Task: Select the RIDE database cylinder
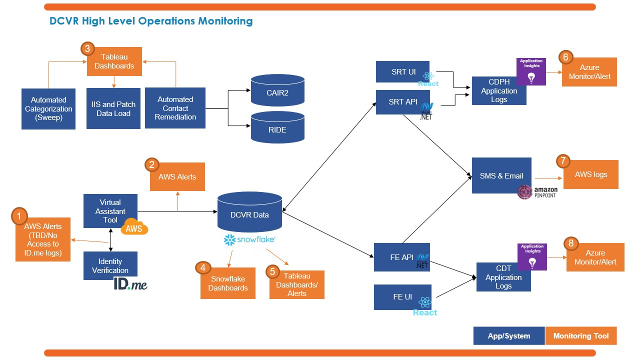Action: click(x=277, y=128)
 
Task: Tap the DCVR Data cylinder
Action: click(x=250, y=213)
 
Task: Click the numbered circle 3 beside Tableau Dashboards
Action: click(x=87, y=48)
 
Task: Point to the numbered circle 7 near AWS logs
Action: click(x=563, y=161)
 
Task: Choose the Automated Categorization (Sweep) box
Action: click(x=48, y=109)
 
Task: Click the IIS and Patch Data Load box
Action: click(x=113, y=108)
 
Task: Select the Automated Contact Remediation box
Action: click(x=175, y=108)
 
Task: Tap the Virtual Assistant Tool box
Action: click(x=110, y=210)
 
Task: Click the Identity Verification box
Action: click(x=110, y=265)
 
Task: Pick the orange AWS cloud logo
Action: click(x=134, y=227)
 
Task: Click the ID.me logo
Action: click(x=130, y=284)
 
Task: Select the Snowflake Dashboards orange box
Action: click(x=228, y=283)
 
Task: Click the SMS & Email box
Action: click(x=501, y=175)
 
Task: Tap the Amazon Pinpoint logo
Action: click(x=537, y=192)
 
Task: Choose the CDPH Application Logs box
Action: click(x=499, y=90)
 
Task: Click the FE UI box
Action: click(x=402, y=297)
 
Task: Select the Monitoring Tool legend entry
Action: click(x=581, y=336)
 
